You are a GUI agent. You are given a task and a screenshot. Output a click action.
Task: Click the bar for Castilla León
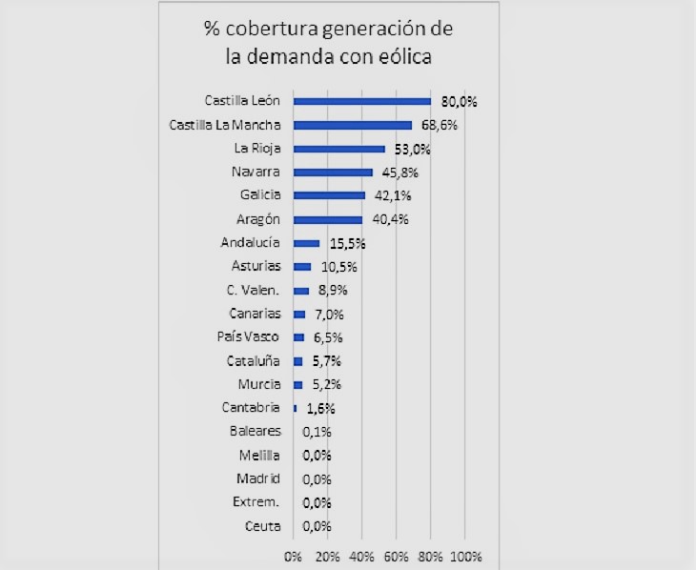[x=362, y=101]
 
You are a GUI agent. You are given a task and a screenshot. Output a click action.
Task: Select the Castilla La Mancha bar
[x=353, y=125]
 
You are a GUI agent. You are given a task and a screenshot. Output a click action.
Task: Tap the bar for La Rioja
[x=339, y=149]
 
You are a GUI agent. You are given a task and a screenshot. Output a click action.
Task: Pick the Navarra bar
[x=333, y=173]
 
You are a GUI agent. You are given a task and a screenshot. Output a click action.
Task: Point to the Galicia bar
[x=330, y=195]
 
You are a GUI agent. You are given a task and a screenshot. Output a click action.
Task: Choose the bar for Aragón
[x=328, y=219]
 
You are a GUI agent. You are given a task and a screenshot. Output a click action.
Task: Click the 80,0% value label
[x=458, y=101]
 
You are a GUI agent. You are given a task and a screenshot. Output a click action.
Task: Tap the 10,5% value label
[x=338, y=267]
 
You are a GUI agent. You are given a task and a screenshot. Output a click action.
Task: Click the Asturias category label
[x=256, y=266]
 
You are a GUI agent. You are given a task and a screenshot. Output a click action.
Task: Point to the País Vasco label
[x=250, y=336]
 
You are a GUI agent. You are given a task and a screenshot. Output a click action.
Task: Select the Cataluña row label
[x=254, y=360]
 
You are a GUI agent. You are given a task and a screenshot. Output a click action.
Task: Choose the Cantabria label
[x=250, y=408]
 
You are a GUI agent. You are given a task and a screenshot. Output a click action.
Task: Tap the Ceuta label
[x=262, y=525]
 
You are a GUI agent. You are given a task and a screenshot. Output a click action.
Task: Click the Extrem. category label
[x=256, y=501]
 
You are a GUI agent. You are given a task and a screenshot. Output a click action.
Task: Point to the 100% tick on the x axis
[x=465, y=556]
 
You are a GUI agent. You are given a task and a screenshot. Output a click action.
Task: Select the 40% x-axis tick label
[x=361, y=556]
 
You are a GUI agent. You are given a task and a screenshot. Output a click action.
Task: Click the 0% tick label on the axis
[x=293, y=556]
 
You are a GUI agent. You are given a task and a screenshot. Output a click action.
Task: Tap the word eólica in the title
[x=402, y=56]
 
